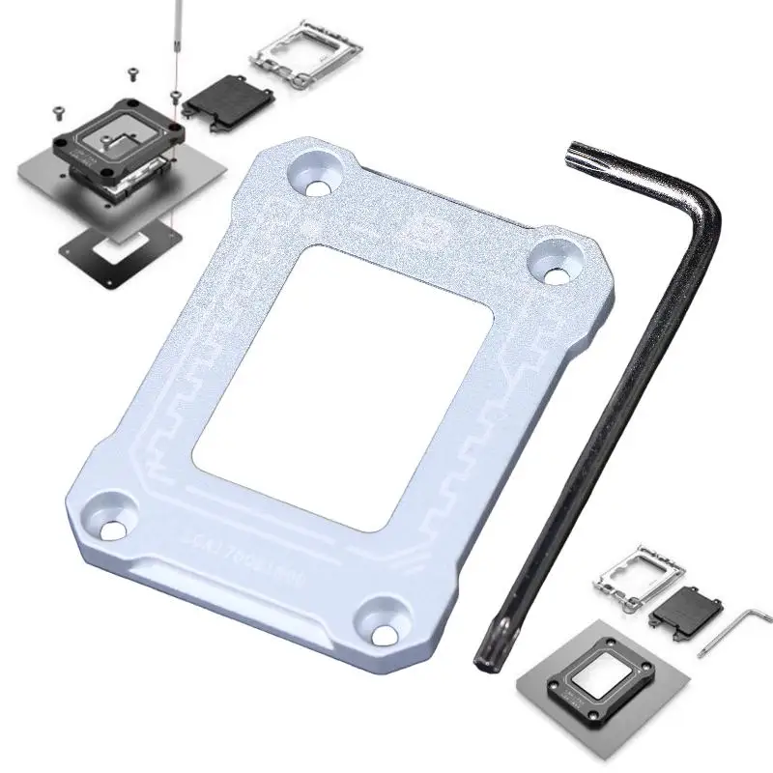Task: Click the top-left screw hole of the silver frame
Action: click(314, 174)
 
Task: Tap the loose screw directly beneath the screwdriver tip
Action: click(174, 94)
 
